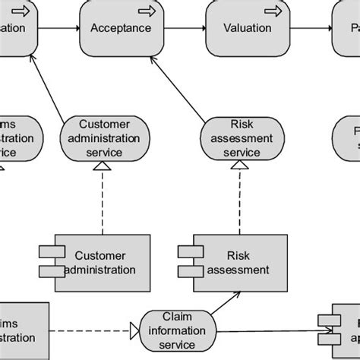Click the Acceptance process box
[x=120, y=28]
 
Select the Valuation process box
[x=247, y=28]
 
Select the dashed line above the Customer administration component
[x=103, y=201]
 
